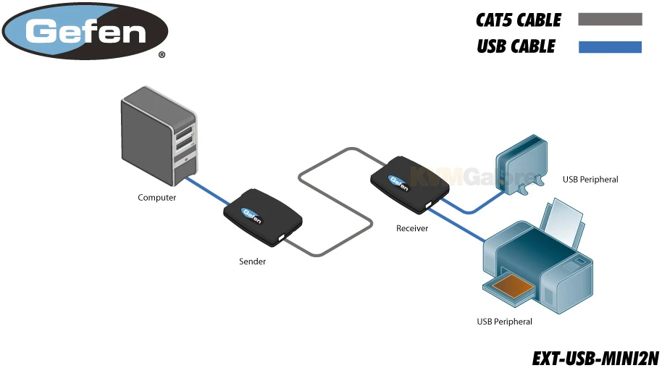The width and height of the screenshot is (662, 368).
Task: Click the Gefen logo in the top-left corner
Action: pos(85,30)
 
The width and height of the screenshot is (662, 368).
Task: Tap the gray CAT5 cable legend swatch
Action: pos(610,20)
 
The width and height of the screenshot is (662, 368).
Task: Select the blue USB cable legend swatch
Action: pos(610,47)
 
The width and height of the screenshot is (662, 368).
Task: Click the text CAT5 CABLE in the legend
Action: pos(518,20)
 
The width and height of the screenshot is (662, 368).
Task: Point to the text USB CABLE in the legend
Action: pos(516,47)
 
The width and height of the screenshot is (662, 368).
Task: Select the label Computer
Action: pos(157,198)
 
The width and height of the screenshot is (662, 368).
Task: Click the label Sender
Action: pos(253,262)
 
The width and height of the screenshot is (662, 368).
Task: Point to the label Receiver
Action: pos(412,228)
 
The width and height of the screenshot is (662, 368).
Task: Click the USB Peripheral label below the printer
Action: pos(504,322)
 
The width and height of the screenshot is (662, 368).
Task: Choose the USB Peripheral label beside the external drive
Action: pos(590,179)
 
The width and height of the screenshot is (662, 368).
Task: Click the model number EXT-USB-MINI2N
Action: pos(595,358)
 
